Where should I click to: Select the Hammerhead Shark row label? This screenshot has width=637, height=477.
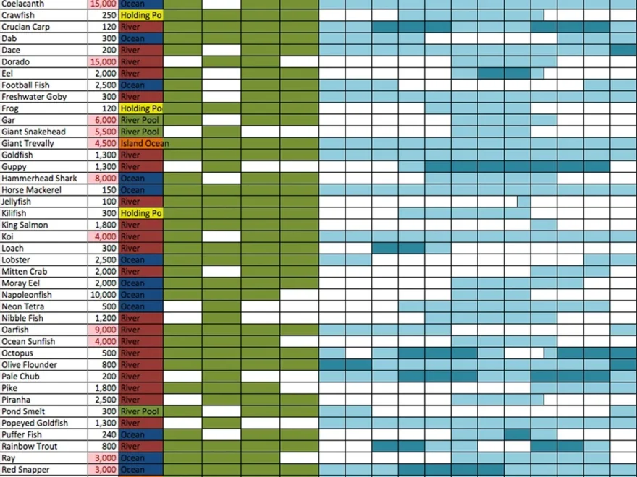pos(39,179)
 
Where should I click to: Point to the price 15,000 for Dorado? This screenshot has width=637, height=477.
pos(103,62)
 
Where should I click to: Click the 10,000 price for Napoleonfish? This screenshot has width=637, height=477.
pos(103,295)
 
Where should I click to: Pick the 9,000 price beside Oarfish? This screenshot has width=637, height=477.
pos(105,330)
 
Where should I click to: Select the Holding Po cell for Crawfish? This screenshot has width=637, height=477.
pos(141,15)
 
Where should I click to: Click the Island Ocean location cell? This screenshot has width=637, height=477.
pos(144,144)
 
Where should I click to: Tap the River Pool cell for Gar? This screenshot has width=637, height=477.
pos(141,120)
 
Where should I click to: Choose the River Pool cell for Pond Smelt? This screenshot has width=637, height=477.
pos(141,411)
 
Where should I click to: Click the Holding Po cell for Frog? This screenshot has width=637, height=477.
pos(141,108)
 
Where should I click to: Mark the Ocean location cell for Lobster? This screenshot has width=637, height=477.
pos(141,260)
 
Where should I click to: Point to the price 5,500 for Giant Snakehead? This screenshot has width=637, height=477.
pos(105,132)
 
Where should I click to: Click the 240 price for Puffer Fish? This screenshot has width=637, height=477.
pos(109,435)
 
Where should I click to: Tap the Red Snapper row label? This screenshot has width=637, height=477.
pos(25,470)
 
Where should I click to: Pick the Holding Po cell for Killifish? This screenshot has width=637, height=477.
pos(141,214)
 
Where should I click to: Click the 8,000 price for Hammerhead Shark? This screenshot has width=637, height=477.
pos(105,179)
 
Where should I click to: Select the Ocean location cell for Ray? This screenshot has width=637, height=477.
pos(141,458)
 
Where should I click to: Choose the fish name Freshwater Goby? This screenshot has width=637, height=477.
pos(34,97)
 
